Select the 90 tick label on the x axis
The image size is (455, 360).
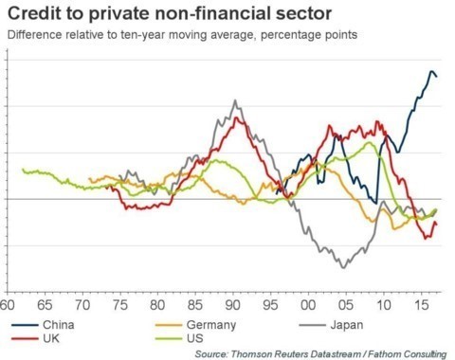click(x=232, y=306)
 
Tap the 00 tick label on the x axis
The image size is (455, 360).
click(x=307, y=306)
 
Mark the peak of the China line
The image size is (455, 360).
click(x=431, y=70)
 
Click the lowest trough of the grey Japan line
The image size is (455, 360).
click(x=343, y=268)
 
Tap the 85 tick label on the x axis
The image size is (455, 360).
click(x=194, y=306)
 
